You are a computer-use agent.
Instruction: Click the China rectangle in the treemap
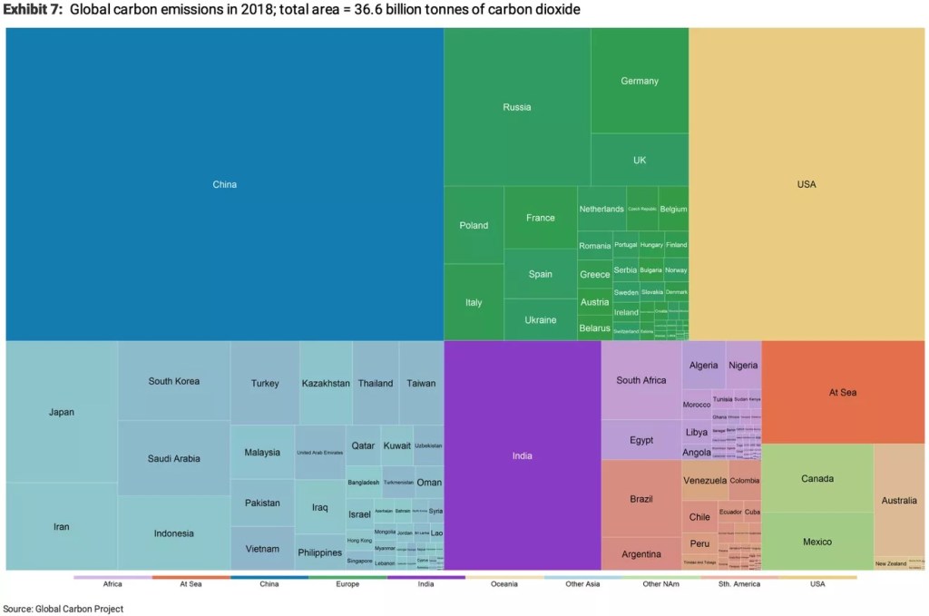(x=225, y=184)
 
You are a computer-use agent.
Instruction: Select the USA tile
(x=807, y=184)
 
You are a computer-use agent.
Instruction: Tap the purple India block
(x=523, y=455)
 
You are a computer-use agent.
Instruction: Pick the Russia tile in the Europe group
(x=517, y=107)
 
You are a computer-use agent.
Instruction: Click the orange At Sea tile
(x=843, y=392)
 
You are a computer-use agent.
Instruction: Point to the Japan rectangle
(x=62, y=412)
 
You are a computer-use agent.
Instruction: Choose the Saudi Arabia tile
(x=173, y=458)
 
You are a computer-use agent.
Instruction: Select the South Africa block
(x=641, y=380)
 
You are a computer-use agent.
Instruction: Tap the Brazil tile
(x=641, y=499)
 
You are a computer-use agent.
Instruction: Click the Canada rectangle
(x=817, y=478)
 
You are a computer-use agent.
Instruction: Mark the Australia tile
(x=899, y=500)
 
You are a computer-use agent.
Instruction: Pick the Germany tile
(x=640, y=81)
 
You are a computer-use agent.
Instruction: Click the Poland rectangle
(x=474, y=225)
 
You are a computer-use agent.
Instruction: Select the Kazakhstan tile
(x=326, y=383)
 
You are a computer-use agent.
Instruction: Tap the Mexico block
(x=817, y=542)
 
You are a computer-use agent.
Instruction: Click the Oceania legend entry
(x=504, y=583)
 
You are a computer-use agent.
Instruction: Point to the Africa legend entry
(x=112, y=583)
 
